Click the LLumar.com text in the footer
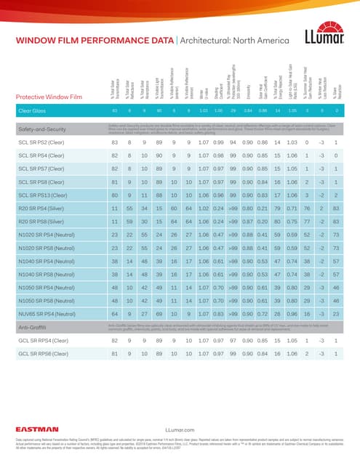pyautogui.click(x=180, y=430)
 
